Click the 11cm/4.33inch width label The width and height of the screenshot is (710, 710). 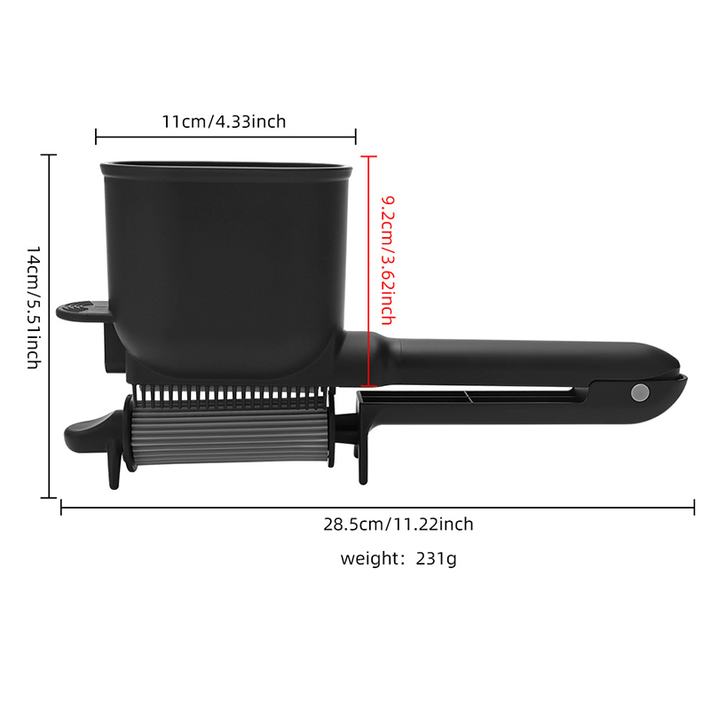point(225,122)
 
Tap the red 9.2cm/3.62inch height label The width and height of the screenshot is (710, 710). point(388,260)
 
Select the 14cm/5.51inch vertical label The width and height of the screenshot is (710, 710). point(34,308)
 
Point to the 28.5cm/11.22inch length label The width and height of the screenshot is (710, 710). point(398,525)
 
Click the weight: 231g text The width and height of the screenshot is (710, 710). point(398,558)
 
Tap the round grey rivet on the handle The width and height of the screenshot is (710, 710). point(639,392)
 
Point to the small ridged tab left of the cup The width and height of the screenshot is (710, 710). point(83,311)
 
